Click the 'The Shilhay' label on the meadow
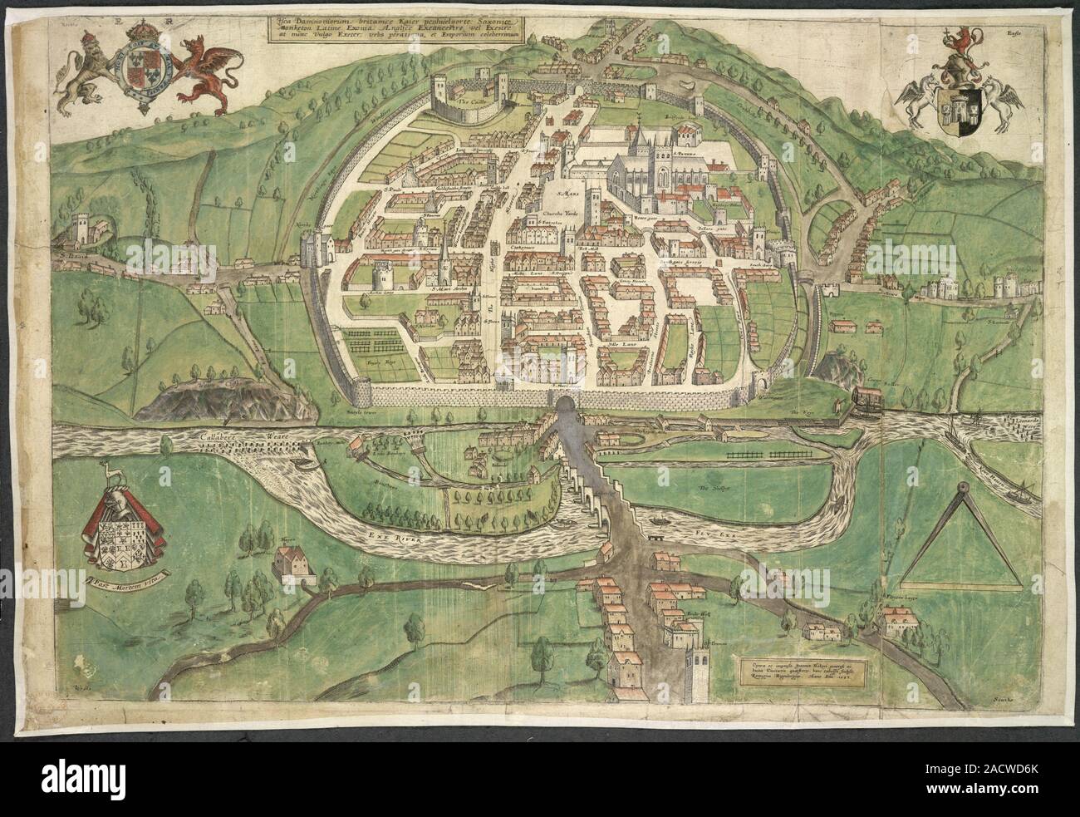tap(713, 488)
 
